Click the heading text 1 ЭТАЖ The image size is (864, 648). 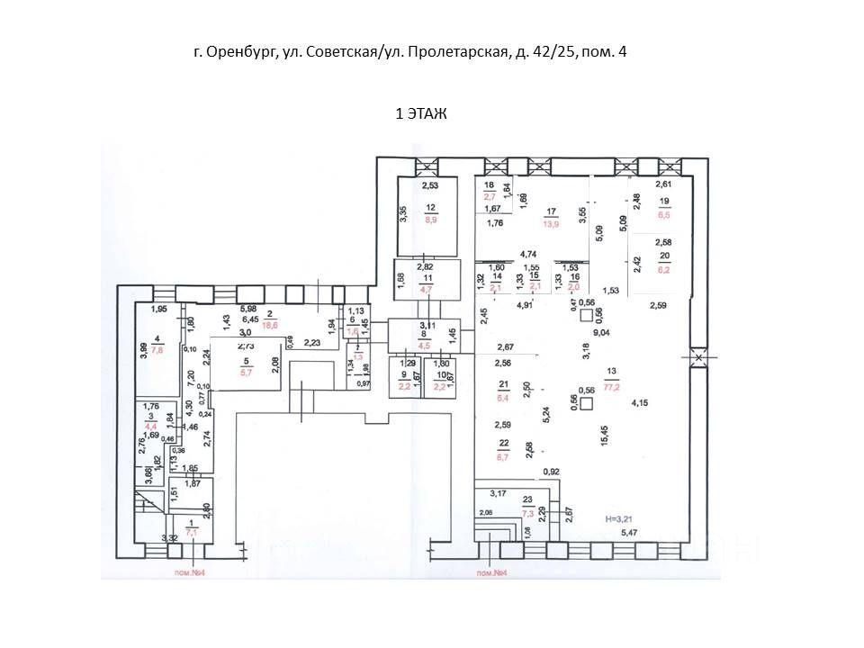422,113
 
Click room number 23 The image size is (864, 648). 528,501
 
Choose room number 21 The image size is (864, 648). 504,384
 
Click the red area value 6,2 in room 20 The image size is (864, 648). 664,268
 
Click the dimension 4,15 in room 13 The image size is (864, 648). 640,402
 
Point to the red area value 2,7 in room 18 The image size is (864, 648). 490,195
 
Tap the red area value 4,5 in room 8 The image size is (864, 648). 424,343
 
